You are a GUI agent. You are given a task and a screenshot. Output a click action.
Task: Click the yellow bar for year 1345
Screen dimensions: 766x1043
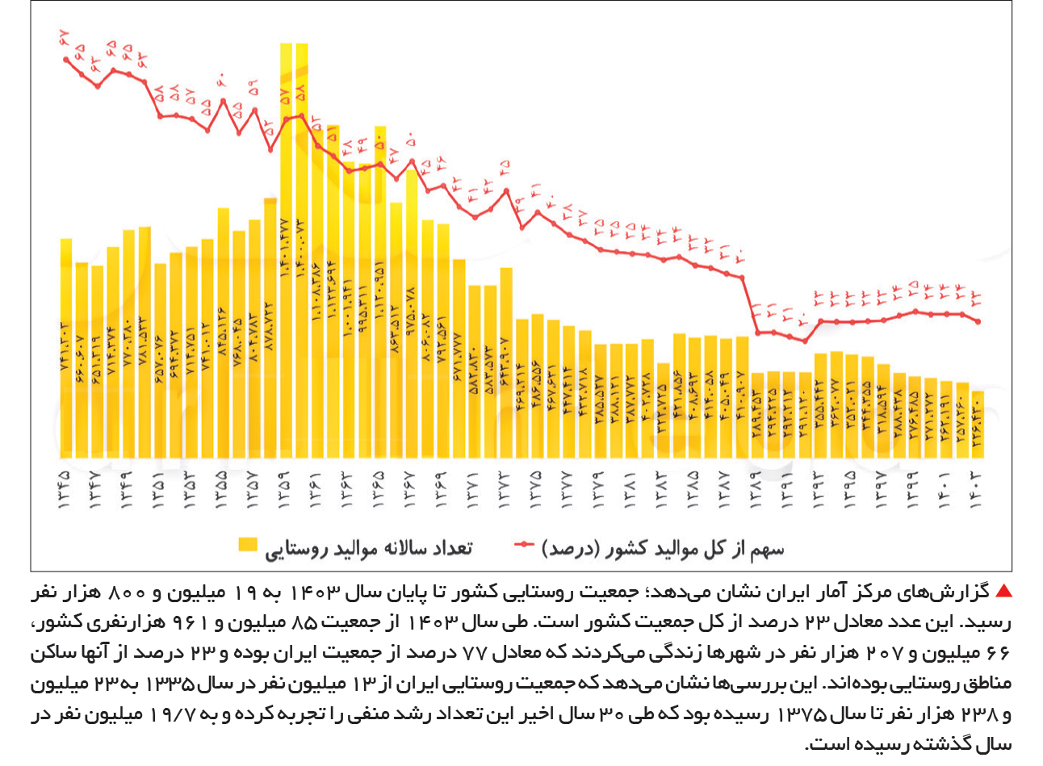tap(66, 347)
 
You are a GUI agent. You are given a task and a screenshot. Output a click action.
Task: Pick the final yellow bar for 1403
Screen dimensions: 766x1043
tap(978, 424)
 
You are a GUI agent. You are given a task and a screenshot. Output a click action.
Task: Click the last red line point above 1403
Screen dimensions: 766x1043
tap(978, 321)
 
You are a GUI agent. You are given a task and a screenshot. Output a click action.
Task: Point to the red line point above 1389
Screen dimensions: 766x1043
tap(757, 332)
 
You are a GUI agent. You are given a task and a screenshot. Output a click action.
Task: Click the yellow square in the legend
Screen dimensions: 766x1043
tap(248, 545)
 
